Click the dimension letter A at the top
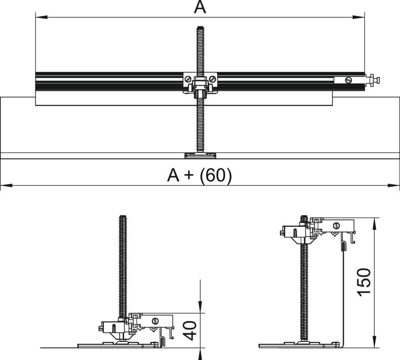(x=200, y=7)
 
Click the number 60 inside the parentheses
(x=215, y=176)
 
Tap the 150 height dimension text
(x=364, y=282)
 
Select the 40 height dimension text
(x=190, y=330)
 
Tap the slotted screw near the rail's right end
(x=349, y=79)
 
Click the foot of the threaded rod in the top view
(x=200, y=156)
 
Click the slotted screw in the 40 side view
(x=155, y=321)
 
